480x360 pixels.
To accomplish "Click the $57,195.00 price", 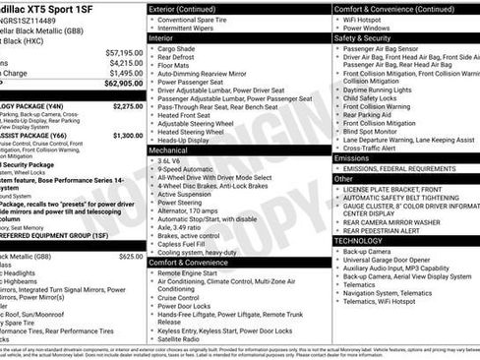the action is pyautogui.click(x=124, y=51).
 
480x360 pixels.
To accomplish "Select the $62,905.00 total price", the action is pyautogui.click(x=124, y=85).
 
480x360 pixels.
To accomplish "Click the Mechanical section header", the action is pyautogui.click(x=171, y=150).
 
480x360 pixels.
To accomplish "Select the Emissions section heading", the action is pyautogui.click(x=352, y=157).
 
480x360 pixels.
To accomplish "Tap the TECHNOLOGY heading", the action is pyautogui.click(x=359, y=239).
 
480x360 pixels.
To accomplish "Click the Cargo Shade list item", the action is pyautogui.click(x=177, y=48).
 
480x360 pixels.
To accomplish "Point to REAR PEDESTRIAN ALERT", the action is pyautogui.click(x=390, y=229).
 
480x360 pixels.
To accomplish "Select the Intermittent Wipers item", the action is pyautogui.click(x=190, y=28).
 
